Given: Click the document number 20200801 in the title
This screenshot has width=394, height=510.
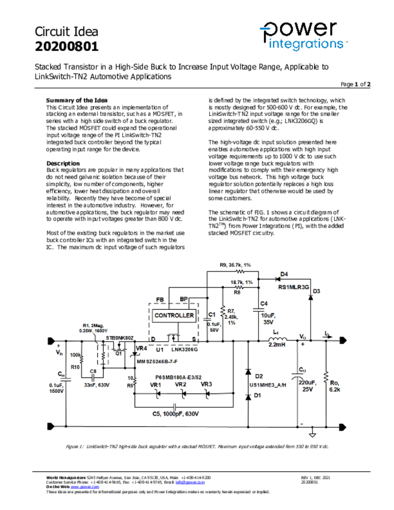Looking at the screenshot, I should tap(66, 47).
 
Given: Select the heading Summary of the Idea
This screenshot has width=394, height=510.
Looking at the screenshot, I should tap(77, 100).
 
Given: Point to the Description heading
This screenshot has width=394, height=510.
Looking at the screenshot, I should tap(63, 163).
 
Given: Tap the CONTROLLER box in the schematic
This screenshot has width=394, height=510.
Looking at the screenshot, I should tap(174, 315).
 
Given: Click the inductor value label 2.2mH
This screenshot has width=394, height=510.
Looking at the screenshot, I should tap(277, 344).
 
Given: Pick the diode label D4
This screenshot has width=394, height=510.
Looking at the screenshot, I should tap(284, 274).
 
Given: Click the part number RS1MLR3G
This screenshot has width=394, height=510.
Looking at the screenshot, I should tap(293, 287).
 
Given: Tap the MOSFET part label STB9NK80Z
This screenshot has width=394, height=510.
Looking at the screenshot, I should tap(120, 338).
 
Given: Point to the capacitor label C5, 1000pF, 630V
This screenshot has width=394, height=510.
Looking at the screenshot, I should tap(175, 414).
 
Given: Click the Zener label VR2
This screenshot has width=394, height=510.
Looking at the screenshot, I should tap(181, 384).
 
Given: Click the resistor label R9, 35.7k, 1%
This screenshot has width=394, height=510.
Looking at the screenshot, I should tap(235, 264).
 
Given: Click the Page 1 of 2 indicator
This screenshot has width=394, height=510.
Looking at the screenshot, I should tap(356, 84).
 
